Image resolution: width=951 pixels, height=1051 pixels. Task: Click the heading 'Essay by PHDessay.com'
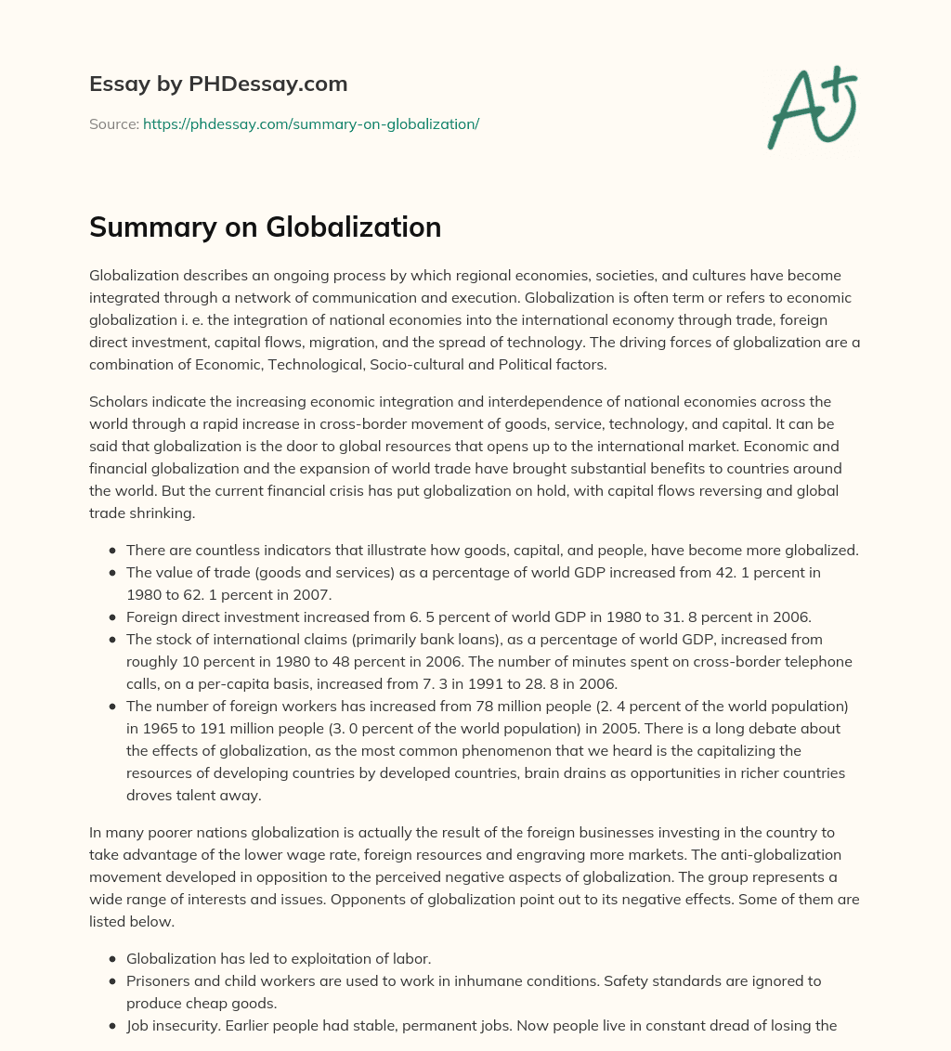click(x=218, y=84)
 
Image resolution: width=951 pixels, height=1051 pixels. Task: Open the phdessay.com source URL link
click(x=310, y=123)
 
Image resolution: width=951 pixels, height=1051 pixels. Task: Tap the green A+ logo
click(x=811, y=108)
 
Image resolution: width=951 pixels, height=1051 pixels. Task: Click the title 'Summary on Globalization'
click(x=265, y=227)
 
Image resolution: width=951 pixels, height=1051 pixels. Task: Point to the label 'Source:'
click(x=113, y=123)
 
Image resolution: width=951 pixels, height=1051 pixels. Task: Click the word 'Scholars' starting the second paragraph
click(x=117, y=401)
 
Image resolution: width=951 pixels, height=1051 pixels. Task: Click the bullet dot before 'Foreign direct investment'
click(x=111, y=616)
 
